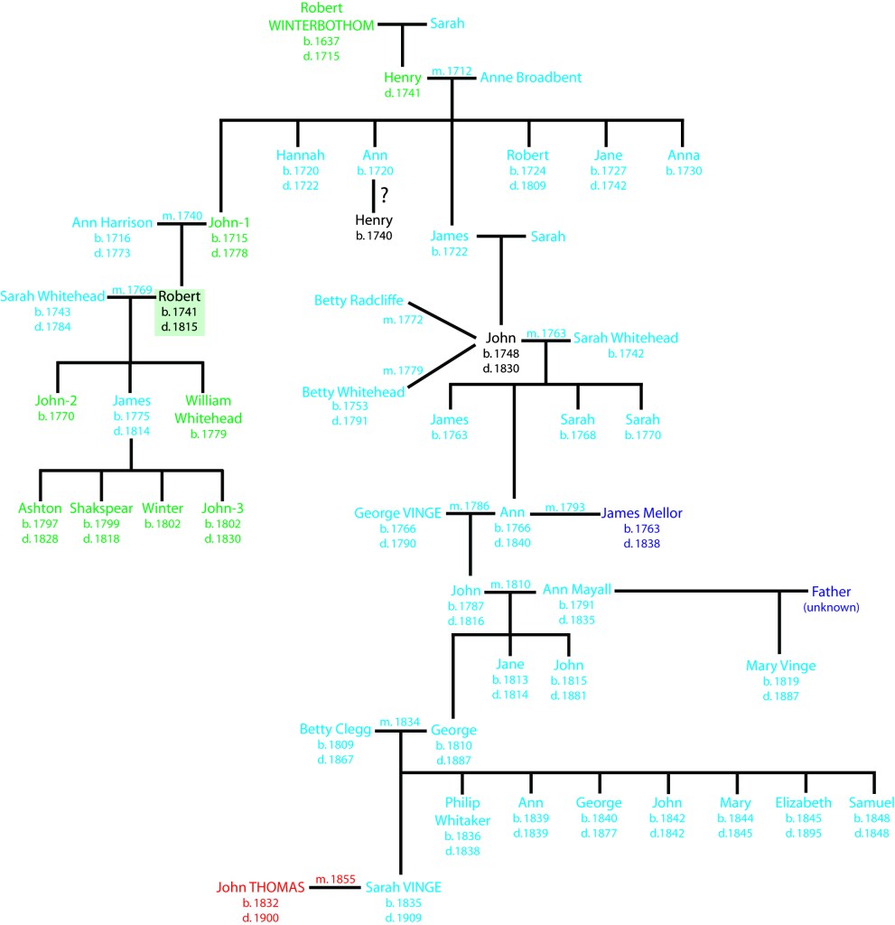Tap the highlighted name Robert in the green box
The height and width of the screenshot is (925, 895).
click(x=180, y=295)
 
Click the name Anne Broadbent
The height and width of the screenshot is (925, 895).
click(x=530, y=78)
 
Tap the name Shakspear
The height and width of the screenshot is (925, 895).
click(x=100, y=508)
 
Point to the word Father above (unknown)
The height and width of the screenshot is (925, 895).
click(x=830, y=592)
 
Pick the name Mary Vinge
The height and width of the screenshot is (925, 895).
click(x=780, y=666)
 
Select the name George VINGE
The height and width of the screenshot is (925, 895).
click(x=397, y=513)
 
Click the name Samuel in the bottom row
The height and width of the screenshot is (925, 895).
click(x=871, y=803)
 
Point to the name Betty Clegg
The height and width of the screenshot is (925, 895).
click(x=334, y=730)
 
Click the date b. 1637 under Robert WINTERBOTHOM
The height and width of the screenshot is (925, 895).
click(x=322, y=42)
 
